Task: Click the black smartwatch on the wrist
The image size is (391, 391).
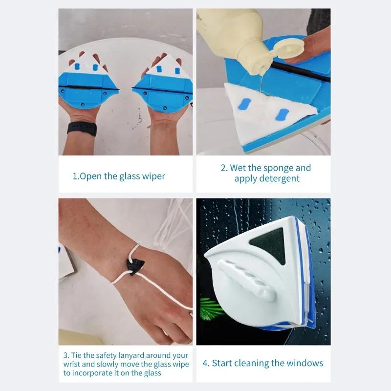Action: click(82, 130)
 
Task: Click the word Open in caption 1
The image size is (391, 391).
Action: click(90, 176)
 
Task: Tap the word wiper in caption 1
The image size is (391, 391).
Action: click(152, 176)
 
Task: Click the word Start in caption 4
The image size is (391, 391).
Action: click(223, 363)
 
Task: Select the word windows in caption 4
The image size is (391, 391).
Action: click(305, 363)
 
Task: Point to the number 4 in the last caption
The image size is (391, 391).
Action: click(205, 363)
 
